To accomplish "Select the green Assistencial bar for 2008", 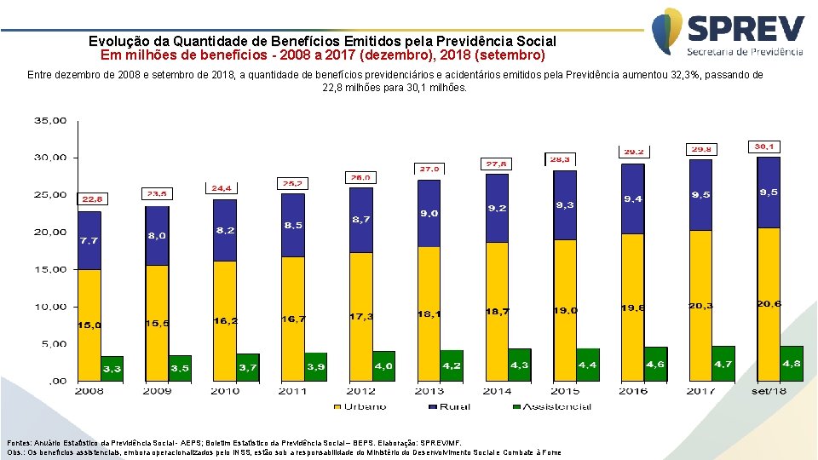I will click(x=112, y=368).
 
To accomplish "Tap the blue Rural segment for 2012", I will click(x=360, y=220).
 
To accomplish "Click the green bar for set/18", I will click(x=792, y=363).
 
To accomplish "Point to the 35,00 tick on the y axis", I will click(x=49, y=121).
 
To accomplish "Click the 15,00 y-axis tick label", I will click(x=49, y=269).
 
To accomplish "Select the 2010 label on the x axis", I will click(x=226, y=391).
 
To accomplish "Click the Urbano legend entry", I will click(x=365, y=406).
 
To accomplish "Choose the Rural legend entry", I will click(x=452, y=406).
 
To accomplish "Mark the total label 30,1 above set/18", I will click(x=764, y=147).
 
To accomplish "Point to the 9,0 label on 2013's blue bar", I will click(x=429, y=213).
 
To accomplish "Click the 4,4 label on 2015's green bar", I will click(x=587, y=365).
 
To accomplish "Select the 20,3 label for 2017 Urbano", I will click(x=701, y=305).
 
